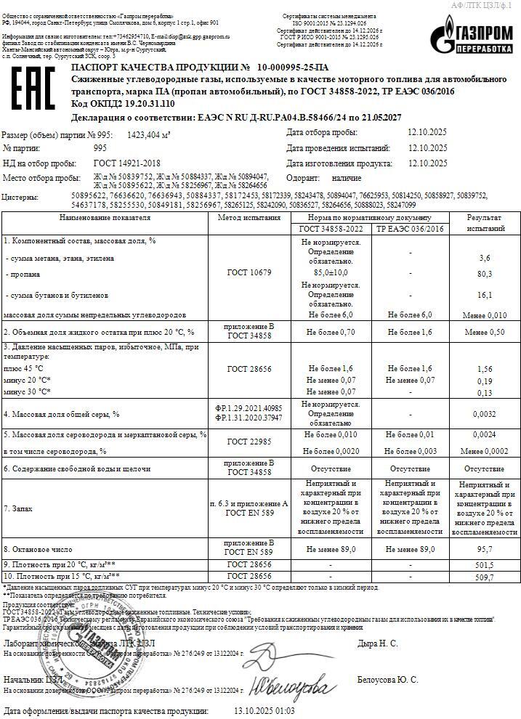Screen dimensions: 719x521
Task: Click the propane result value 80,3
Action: coord(485,274)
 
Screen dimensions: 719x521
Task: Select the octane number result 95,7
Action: coord(485,550)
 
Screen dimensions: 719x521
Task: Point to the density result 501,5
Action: coord(485,564)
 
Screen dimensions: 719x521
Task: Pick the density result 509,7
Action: coord(485,577)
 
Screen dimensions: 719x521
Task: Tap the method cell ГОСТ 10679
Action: coord(249,272)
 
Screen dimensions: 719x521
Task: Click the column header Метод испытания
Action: coord(249,218)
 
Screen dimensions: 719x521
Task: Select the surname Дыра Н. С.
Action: coord(377,643)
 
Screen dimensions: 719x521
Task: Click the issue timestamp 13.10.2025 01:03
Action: coord(264,711)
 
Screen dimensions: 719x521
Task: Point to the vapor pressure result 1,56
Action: coord(485,370)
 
